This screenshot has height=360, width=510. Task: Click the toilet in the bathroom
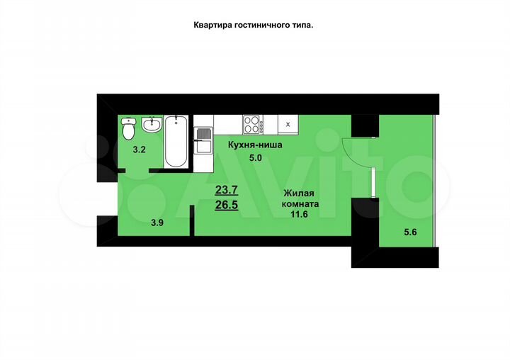point(128,130)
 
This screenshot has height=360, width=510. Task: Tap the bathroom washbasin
point(152,126)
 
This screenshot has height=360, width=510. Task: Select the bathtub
point(176,141)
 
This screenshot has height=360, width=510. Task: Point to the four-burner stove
point(252,125)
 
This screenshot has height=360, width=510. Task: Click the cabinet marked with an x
point(287,124)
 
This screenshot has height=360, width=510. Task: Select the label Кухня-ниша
point(255,145)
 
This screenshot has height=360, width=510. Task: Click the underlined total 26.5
point(227,206)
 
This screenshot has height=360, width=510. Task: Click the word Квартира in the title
point(212,24)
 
